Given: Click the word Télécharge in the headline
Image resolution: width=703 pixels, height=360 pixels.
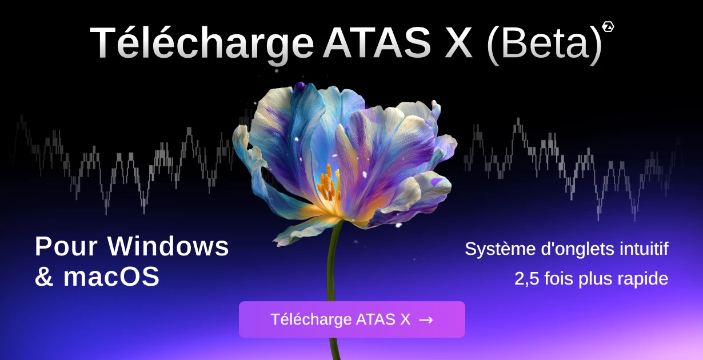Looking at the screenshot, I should [x=201, y=43].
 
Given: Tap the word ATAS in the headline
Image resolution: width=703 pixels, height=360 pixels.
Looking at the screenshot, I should [x=377, y=43].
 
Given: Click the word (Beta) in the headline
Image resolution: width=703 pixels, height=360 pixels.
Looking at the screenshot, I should [x=544, y=43].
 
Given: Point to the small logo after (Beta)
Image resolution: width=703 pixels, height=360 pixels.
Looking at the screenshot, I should [x=608, y=26].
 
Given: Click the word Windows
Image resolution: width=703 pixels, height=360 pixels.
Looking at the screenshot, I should [x=169, y=246].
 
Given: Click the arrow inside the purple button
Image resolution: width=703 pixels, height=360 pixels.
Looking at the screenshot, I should [x=426, y=320].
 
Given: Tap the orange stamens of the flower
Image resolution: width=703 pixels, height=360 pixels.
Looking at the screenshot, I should [x=329, y=184].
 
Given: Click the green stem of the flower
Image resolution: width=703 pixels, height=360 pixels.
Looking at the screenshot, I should [x=332, y=269].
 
